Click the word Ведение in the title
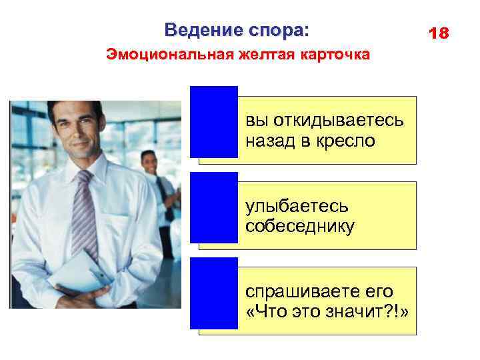[197, 30]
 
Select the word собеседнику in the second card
[300, 226]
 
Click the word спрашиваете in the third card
[306, 292]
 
